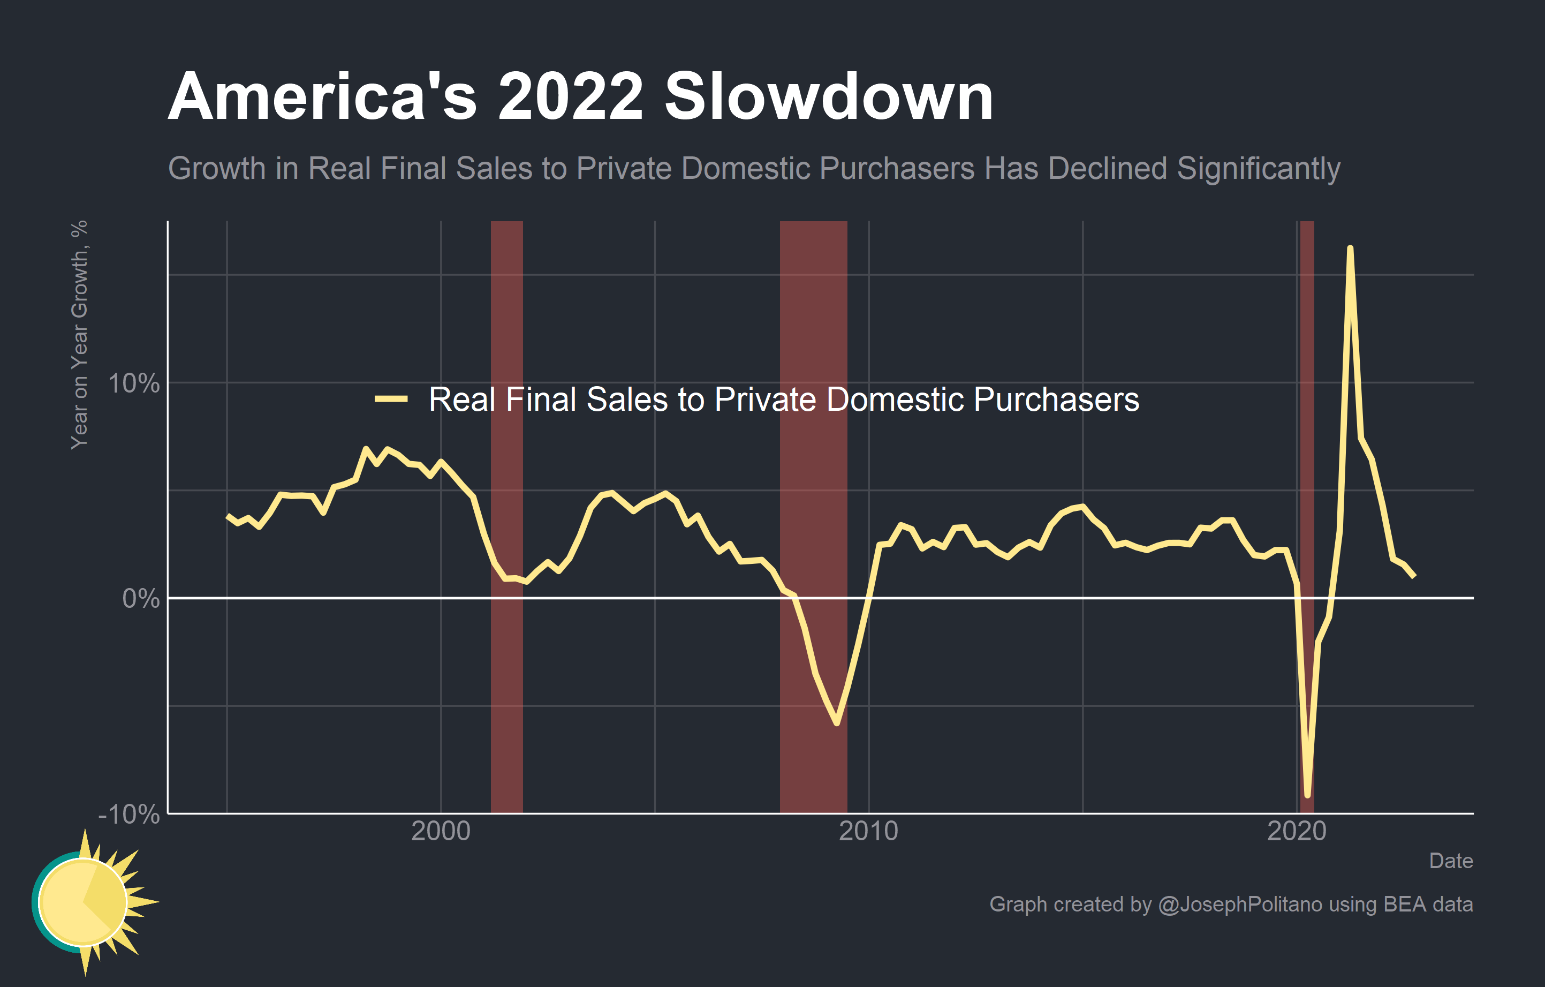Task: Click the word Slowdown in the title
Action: coord(828,97)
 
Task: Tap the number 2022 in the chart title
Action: coord(570,97)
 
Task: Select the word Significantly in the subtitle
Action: coord(1258,169)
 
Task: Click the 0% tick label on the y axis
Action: coord(140,598)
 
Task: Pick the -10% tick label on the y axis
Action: coord(128,815)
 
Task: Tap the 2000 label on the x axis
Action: coord(440,831)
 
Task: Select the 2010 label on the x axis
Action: coord(868,831)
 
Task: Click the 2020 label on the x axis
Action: coord(1296,831)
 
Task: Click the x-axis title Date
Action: coord(1451,861)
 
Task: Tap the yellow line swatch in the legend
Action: coord(391,399)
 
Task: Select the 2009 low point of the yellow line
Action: coord(837,723)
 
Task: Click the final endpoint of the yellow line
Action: coord(1414,576)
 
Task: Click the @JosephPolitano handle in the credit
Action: coord(1240,904)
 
